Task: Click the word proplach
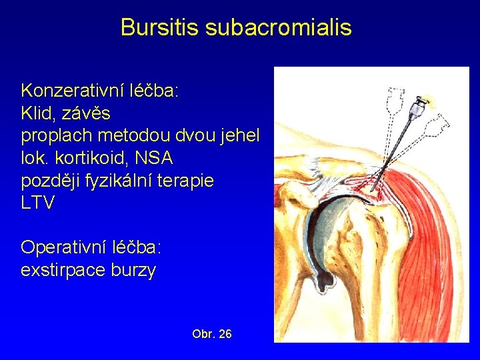pyautogui.click(x=56, y=135)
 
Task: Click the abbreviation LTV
pyautogui.click(x=38, y=203)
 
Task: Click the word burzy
pyautogui.click(x=135, y=271)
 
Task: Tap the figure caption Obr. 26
pyautogui.click(x=211, y=333)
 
